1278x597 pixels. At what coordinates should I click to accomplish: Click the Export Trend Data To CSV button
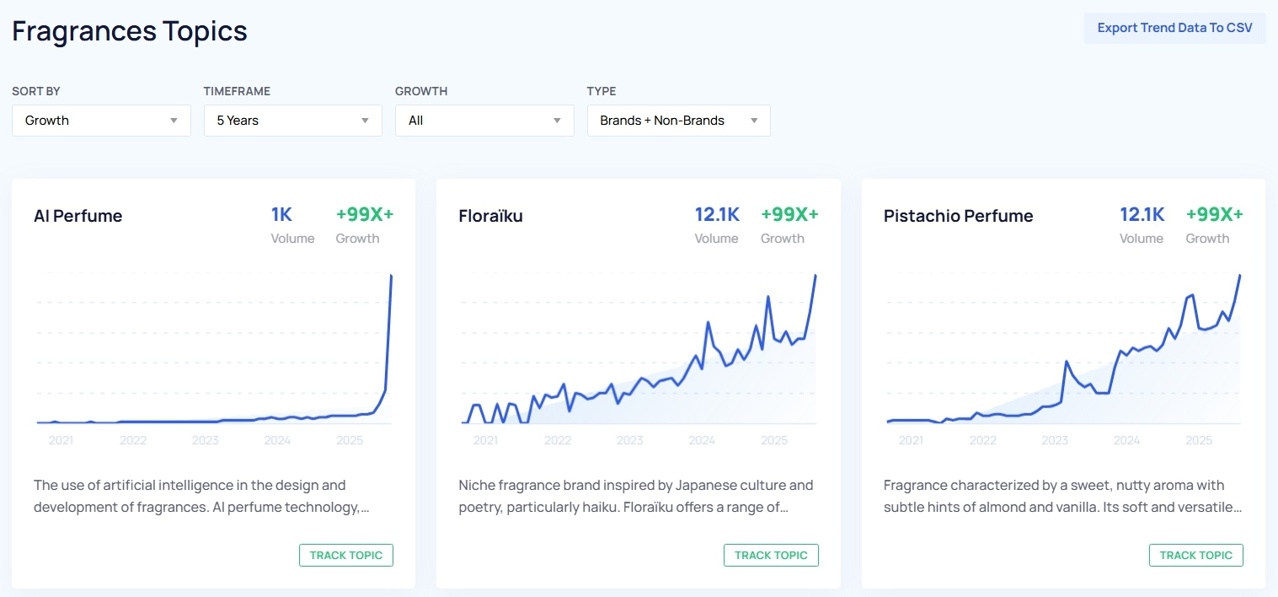point(1174,28)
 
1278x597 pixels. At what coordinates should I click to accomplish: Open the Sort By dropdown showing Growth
point(101,121)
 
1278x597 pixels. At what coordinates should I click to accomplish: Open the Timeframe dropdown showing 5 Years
point(292,121)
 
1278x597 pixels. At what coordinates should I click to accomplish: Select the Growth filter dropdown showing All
point(484,121)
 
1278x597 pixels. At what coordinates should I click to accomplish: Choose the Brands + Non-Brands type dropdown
point(678,121)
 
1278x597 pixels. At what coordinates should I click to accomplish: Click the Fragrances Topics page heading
point(130,31)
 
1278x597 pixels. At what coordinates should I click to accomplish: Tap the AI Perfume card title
point(78,216)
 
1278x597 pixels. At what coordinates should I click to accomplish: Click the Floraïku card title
point(491,216)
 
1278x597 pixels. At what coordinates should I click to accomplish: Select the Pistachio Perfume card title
point(958,216)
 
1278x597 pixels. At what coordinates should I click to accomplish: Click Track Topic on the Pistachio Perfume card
point(1195,555)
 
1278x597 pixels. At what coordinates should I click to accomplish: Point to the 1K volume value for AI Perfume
point(281,214)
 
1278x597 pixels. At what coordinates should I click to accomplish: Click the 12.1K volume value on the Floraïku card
point(717,214)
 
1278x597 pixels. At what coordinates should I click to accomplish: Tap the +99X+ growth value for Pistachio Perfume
point(1214,214)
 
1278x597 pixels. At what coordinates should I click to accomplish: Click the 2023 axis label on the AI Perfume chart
point(205,440)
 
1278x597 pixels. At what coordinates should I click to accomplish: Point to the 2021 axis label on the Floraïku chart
point(485,440)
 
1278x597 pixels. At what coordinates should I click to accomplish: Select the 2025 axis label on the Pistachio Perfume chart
point(1199,440)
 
